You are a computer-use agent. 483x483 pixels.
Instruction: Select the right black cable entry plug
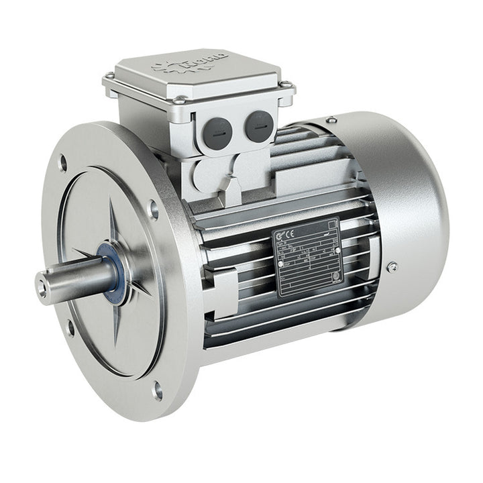pyautogui.click(x=259, y=125)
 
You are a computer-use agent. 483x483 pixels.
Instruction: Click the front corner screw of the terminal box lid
pyautogui.click(x=180, y=99)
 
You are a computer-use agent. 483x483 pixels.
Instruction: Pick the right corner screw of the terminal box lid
pyautogui.click(x=286, y=85)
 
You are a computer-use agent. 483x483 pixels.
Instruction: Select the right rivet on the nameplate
pyautogui.click(x=337, y=250)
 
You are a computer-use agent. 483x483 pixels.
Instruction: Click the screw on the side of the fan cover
pyautogui.click(x=392, y=266)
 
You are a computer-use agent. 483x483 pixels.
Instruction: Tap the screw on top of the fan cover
pyautogui.click(x=331, y=119)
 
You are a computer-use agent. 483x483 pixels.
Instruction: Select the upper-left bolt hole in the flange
pyautogui.click(x=63, y=163)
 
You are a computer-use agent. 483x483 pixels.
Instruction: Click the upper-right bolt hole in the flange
pyautogui.click(x=154, y=209)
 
